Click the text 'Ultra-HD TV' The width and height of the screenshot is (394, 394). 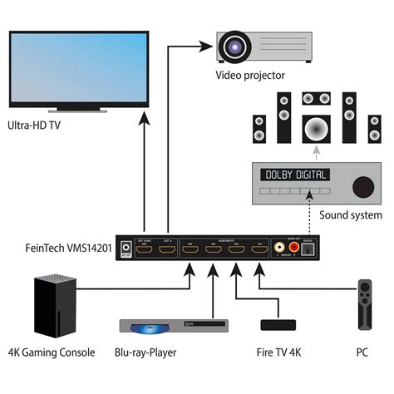point(33,126)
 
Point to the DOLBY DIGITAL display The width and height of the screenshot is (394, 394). point(294,175)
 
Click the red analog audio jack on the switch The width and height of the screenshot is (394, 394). point(292,246)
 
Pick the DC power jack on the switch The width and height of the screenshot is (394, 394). point(126,247)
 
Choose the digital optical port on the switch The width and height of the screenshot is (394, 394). point(309,246)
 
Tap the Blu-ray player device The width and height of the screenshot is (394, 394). point(172,326)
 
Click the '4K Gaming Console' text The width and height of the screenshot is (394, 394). point(52,352)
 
